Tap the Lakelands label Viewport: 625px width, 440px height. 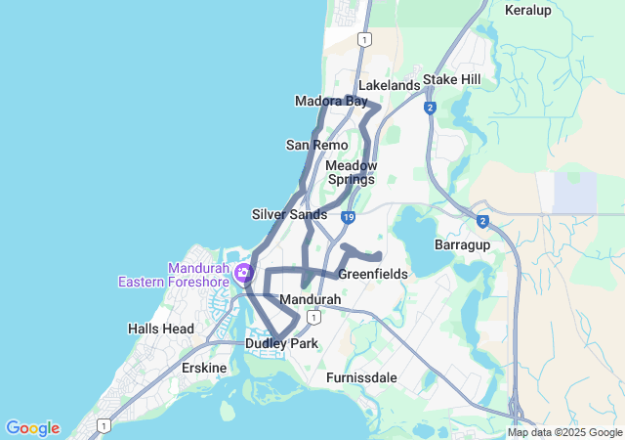click(x=389, y=85)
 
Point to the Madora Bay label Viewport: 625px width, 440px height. click(x=331, y=102)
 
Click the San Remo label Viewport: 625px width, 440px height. click(x=316, y=145)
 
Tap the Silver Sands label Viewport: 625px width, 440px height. click(x=289, y=214)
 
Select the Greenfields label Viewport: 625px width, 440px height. click(x=373, y=275)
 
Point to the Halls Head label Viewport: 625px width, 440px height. click(x=161, y=329)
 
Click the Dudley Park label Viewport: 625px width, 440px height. click(x=281, y=344)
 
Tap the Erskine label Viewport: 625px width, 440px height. click(x=205, y=368)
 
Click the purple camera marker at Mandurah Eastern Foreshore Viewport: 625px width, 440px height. click(x=241, y=274)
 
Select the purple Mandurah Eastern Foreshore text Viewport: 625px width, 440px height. click(x=173, y=275)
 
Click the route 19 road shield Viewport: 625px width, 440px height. click(x=349, y=216)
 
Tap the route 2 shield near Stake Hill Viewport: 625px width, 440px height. click(x=430, y=108)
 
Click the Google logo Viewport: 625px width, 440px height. click(x=32, y=428)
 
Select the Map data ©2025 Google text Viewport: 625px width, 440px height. click(x=564, y=433)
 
